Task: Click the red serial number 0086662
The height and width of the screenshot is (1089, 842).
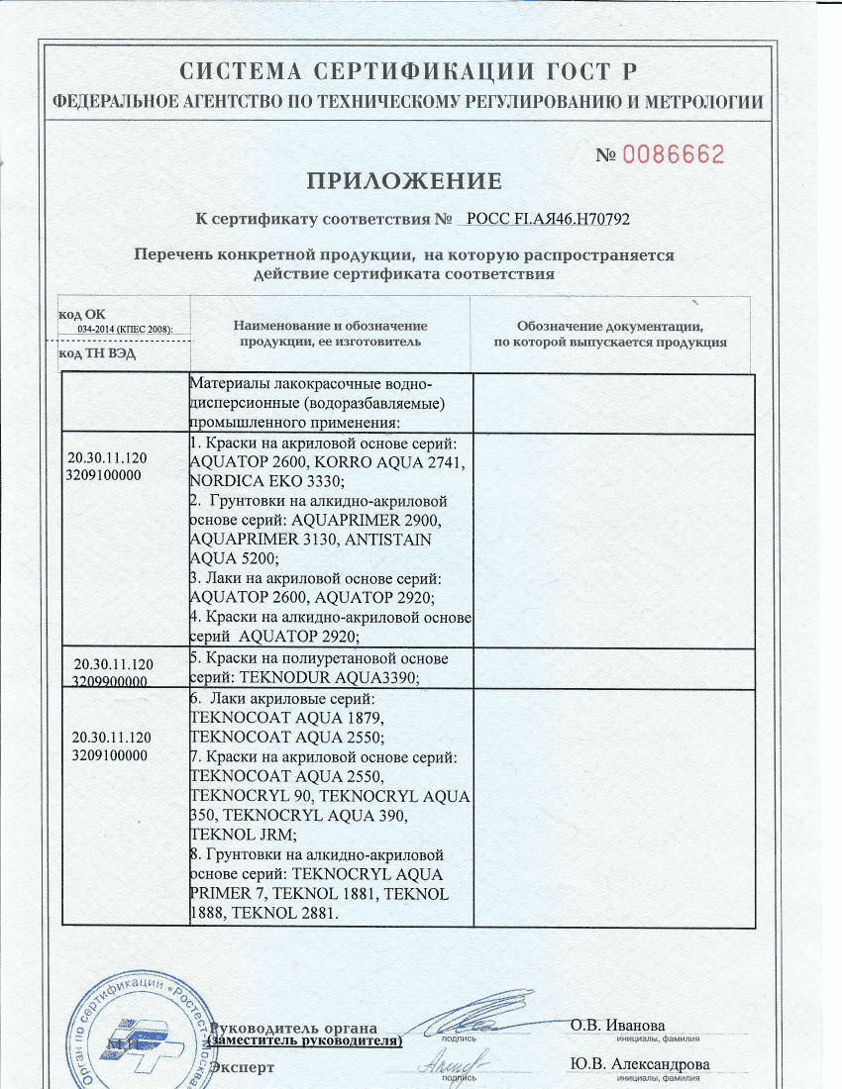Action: click(x=675, y=154)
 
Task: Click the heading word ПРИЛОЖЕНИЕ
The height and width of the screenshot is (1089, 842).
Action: click(x=404, y=181)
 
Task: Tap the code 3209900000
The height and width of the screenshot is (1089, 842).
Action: click(x=111, y=682)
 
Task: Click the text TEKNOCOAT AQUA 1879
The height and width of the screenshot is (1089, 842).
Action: click(x=285, y=718)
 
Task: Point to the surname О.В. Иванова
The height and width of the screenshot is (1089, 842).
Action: click(x=618, y=1025)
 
